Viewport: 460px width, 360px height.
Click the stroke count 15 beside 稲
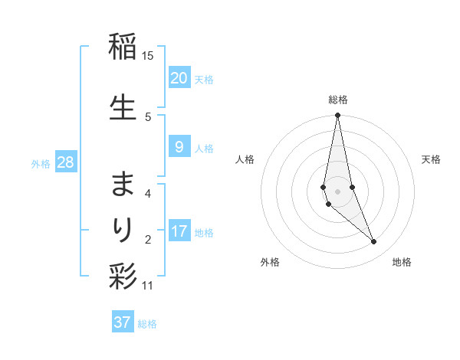click(x=148, y=55)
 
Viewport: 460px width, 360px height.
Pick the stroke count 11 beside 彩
click(x=148, y=286)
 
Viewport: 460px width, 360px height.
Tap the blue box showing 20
click(x=179, y=77)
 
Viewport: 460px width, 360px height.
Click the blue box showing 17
click(x=179, y=231)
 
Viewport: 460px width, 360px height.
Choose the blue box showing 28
click(x=65, y=162)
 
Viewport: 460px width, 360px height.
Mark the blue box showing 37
click(x=123, y=322)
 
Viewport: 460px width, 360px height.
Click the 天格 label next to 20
click(x=204, y=79)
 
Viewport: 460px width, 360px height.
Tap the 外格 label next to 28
click(x=41, y=163)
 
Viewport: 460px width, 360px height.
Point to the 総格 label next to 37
click(x=147, y=324)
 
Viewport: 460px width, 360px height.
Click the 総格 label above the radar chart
click(x=338, y=100)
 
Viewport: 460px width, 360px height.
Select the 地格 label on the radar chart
click(x=402, y=262)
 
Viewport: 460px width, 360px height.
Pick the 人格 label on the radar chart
click(x=245, y=159)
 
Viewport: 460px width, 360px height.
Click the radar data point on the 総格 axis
click(x=338, y=116)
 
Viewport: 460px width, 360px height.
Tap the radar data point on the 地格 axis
click(x=374, y=242)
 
